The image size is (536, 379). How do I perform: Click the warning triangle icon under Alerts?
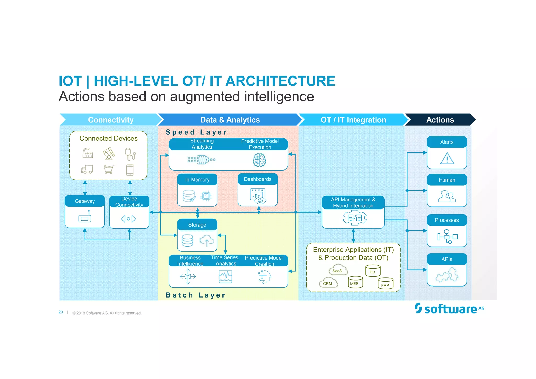[x=447, y=158]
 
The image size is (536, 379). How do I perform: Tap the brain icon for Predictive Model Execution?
[x=259, y=160]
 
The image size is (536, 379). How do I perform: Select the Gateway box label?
[x=85, y=201]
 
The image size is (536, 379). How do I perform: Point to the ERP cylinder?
[x=386, y=283]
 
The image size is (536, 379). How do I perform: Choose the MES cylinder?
[x=355, y=282]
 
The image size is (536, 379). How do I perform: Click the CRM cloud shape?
[x=328, y=283]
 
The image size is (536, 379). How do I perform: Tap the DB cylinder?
[x=373, y=271]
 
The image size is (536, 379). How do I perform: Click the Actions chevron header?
[x=440, y=120]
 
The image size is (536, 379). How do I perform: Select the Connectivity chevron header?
[x=111, y=120]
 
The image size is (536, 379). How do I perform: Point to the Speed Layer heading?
[x=196, y=132]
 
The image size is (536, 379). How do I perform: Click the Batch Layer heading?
[x=196, y=295]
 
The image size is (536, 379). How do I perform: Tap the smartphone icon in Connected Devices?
[x=130, y=170]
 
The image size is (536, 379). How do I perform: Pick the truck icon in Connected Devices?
[x=87, y=169]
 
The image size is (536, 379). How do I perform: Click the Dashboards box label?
[x=258, y=179]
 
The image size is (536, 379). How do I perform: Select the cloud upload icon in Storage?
[x=206, y=240]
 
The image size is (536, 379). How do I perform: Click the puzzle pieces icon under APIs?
[x=447, y=275]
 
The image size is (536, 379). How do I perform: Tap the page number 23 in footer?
[x=61, y=312]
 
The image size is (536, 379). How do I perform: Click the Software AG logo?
[x=449, y=309]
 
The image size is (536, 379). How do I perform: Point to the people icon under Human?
[x=447, y=196]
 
